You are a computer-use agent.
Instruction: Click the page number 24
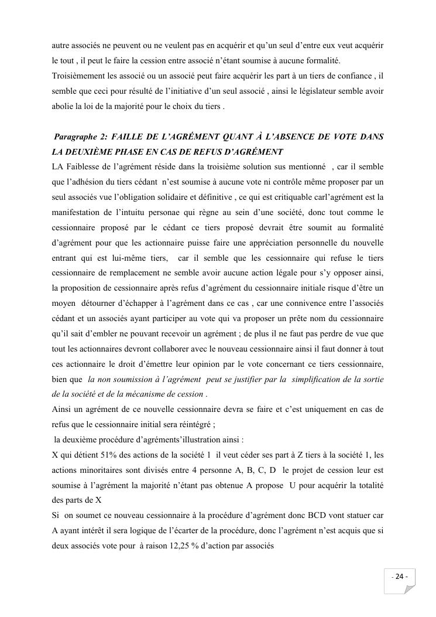click(400, 576)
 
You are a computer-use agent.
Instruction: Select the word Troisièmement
click(80, 76)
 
